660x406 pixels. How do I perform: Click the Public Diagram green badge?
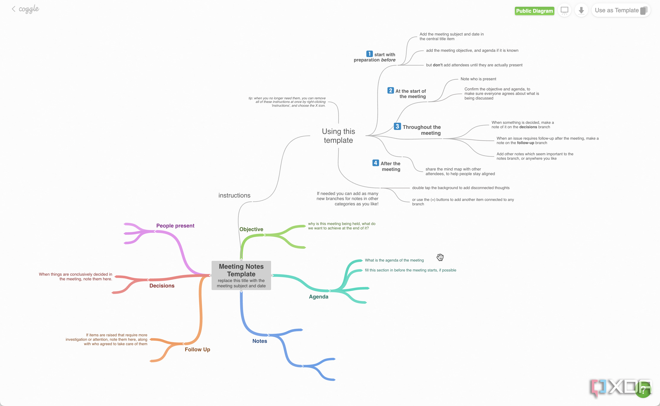tap(534, 11)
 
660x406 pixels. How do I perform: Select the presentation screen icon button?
tap(565, 11)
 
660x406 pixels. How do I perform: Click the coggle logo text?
tap(29, 9)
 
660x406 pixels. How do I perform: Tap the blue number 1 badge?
tap(370, 54)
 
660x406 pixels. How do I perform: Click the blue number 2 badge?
tap(391, 90)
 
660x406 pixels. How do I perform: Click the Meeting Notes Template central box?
tap(241, 275)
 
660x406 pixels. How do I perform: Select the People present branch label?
tap(175, 226)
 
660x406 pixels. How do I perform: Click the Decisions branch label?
tap(162, 286)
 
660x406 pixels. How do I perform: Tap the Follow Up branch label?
tap(197, 349)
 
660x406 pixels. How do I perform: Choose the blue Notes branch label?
tap(260, 341)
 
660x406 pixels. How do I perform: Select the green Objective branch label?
tap(251, 229)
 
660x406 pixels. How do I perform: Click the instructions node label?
tap(235, 195)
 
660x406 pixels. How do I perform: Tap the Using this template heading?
tap(338, 136)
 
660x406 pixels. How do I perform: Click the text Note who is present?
tap(479, 79)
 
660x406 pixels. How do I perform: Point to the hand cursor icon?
tap(440, 257)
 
